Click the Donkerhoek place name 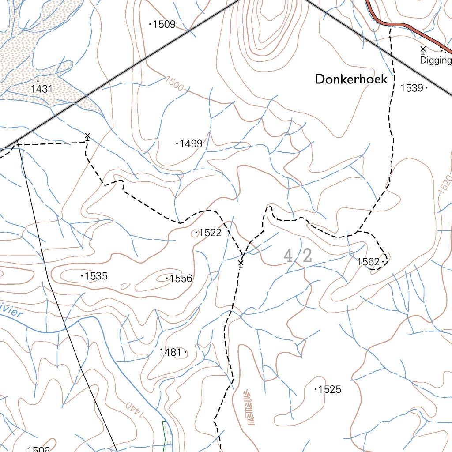pos(351,79)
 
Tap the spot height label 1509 pos(163,24)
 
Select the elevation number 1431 pos(42,89)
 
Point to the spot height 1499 pos(191,143)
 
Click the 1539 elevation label pos(412,88)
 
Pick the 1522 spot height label pos(210,233)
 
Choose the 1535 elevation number pos(96,276)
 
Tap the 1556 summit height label pos(181,278)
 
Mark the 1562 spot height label pos(368,262)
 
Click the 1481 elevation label pos(170,352)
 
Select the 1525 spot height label pos(330,389)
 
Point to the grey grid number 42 pos(298,256)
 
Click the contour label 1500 pos(174,83)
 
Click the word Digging pos(436,60)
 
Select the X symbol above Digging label pos(423,49)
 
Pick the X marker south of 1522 pos(241,264)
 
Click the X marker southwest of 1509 pos(87,136)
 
